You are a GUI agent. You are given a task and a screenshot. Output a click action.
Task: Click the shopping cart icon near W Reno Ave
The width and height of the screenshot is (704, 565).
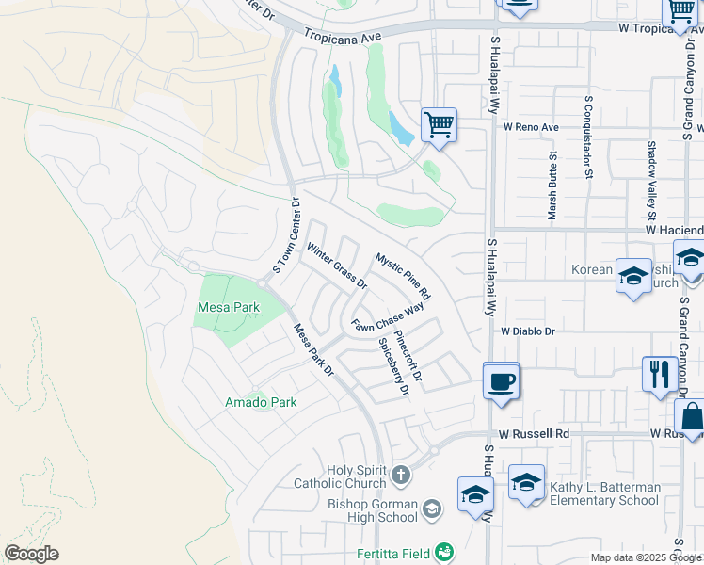click(x=439, y=123)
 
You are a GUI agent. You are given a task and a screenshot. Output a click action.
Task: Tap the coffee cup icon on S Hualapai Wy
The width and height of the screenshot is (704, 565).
click(x=502, y=381)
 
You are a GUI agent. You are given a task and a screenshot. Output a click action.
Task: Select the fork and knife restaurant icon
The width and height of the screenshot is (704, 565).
click(x=658, y=373)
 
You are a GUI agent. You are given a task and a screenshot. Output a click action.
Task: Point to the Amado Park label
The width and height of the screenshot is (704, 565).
click(x=261, y=402)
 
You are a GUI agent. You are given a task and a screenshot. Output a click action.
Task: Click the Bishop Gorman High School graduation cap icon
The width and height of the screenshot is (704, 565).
click(x=432, y=510)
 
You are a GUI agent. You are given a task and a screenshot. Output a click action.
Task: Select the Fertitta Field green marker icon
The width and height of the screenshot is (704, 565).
click(x=446, y=552)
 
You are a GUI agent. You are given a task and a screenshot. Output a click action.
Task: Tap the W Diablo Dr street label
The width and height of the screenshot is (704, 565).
click(x=530, y=331)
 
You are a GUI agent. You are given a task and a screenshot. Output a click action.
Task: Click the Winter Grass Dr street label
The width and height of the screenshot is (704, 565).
click(x=337, y=266)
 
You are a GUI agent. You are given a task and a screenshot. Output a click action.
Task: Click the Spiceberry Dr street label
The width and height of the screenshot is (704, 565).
click(x=394, y=366)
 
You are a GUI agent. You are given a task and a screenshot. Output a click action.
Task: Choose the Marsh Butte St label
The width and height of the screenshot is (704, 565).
click(x=552, y=189)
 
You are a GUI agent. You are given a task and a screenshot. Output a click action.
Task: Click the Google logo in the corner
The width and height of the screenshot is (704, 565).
click(x=31, y=554)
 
